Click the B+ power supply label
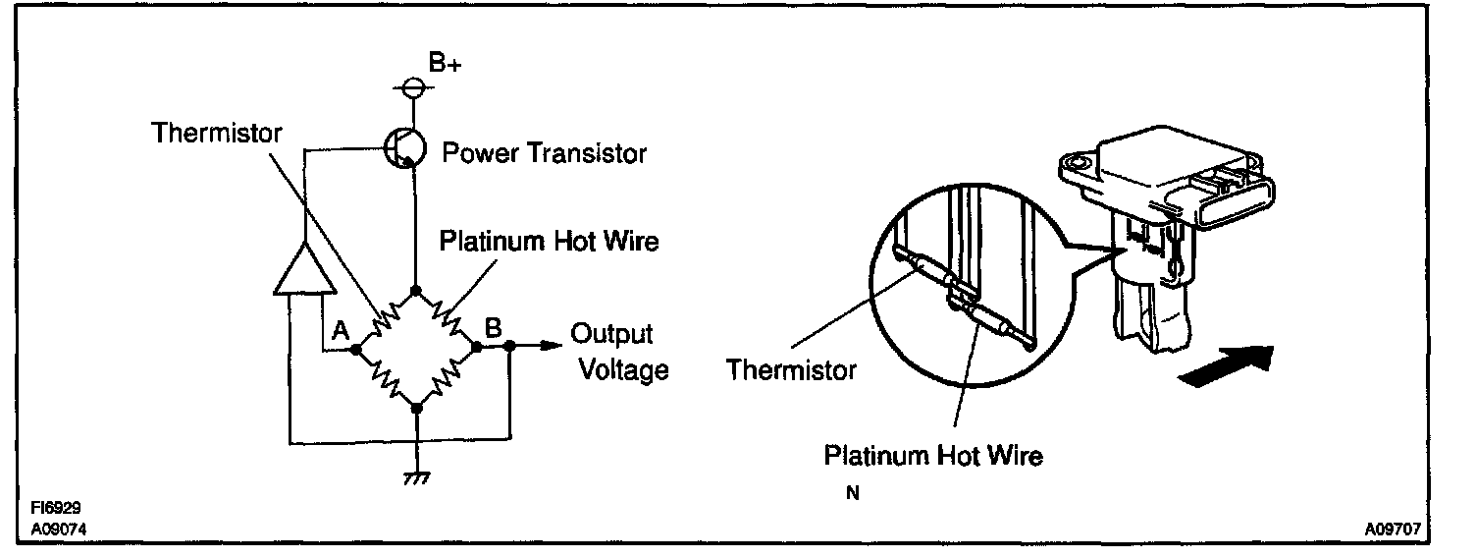coord(444,64)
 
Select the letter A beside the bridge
coord(341,331)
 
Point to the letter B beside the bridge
coord(494,325)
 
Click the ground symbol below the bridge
coord(417,475)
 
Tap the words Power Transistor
coord(544,153)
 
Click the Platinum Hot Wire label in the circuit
coord(549,241)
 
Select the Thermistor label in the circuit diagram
coord(217,133)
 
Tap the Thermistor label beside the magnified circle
coord(791,369)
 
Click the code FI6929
coord(54,509)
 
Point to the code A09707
coord(1393,530)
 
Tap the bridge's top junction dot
coord(416,290)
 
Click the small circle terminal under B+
coord(416,88)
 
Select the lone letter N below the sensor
coord(852,494)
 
